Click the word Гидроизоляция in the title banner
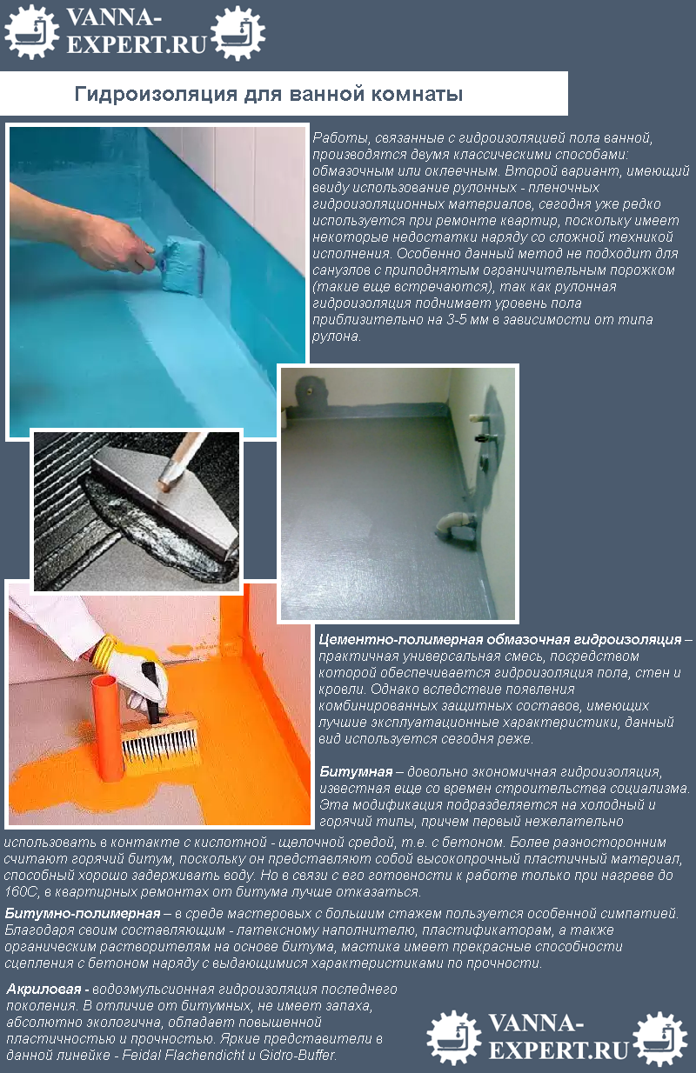point(156,94)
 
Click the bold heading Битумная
point(356,771)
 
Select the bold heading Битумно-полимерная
point(83,913)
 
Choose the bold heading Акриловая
point(47,989)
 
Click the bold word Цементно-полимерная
point(401,639)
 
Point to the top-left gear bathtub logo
point(31,31)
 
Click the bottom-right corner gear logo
point(659,1038)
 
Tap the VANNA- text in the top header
point(113,18)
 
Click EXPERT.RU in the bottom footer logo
point(559,1050)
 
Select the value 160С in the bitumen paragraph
point(18,892)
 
